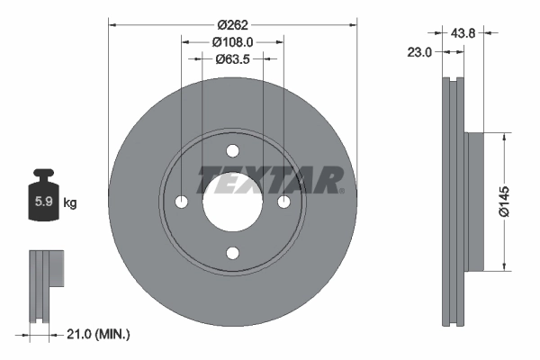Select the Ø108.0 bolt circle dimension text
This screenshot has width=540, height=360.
[232, 40]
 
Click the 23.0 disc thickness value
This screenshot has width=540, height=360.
[420, 53]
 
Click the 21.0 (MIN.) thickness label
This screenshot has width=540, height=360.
[99, 335]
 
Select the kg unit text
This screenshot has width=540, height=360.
[70, 202]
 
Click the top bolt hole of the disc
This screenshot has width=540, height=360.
[232, 150]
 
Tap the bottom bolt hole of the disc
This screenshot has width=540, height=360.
[232, 253]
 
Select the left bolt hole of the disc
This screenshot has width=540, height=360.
[181, 202]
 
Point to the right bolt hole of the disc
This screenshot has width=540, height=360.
[283, 202]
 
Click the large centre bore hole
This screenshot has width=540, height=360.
[232, 202]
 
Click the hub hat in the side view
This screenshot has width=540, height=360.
[475, 201]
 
